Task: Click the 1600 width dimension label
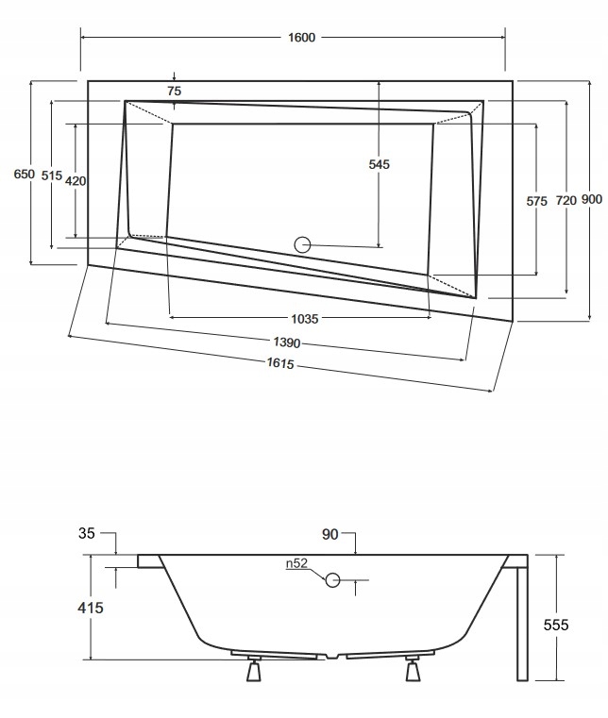302,38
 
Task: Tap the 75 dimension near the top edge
174,91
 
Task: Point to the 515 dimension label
52,176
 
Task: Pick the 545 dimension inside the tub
379,164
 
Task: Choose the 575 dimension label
536,201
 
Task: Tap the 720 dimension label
565,200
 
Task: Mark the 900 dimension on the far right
592,199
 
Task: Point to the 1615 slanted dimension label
279,363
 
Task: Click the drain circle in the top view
303,244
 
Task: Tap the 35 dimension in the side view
87,534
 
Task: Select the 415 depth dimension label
90,608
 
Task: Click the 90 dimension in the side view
329,535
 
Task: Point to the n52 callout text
297,565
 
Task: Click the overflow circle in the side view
333,580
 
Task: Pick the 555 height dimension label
556,624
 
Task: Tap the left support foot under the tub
252,671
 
